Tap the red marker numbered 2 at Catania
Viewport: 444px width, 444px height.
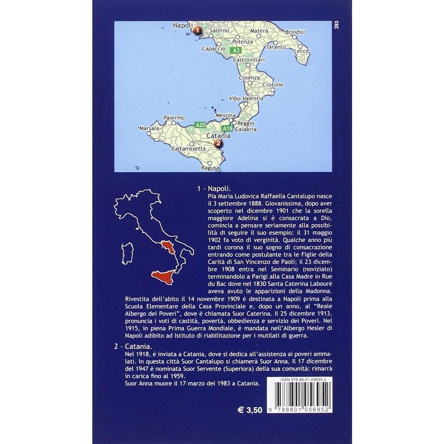[218, 143]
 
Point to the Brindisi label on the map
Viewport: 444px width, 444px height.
[295, 32]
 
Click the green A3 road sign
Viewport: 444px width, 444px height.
[236, 50]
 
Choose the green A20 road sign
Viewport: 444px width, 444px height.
[200, 125]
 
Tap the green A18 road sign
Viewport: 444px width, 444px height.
[227, 128]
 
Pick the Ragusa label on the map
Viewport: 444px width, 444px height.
[210, 168]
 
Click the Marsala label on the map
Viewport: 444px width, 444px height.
[149, 128]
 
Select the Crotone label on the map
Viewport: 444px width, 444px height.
[273, 85]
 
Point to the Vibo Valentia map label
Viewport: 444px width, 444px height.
[246, 99]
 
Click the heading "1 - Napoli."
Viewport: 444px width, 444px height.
[214, 189]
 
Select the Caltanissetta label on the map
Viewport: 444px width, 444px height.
[189, 149]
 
